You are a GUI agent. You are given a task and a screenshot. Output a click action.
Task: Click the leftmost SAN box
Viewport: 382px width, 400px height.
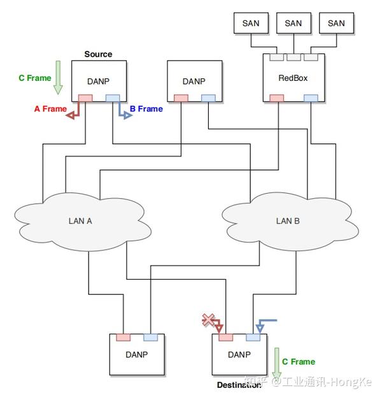(x=251, y=23)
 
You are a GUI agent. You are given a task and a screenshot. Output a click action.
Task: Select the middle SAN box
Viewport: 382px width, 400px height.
(x=294, y=23)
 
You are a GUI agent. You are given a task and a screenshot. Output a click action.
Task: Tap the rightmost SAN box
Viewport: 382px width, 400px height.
(x=336, y=23)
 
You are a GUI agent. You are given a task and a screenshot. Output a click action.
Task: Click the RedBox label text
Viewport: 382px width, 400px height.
(x=293, y=78)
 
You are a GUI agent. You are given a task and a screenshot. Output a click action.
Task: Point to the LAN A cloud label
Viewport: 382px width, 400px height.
(x=80, y=220)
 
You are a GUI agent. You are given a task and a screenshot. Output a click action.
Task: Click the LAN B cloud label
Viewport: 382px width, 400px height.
(x=288, y=220)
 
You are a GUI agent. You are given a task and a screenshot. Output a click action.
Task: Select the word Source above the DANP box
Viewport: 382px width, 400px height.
(x=98, y=54)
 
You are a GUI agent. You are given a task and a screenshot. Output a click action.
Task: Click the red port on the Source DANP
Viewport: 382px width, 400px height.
(x=85, y=98)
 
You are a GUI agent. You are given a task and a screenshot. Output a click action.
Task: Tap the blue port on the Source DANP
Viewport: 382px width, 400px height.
(x=113, y=98)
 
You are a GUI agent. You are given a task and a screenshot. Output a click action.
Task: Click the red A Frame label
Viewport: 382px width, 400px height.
(x=50, y=109)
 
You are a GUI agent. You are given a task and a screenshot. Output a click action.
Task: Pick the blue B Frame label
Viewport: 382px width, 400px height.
(x=146, y=109)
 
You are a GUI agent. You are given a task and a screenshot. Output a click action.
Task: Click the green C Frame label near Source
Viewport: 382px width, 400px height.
(x=35, y=78)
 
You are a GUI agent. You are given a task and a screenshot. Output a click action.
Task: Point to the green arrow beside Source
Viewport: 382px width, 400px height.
(x=58, y=78)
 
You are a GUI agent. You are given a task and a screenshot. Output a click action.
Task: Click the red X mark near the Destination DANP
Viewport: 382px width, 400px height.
(x=208, y=320)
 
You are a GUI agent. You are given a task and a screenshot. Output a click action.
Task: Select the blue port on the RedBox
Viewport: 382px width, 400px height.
(x=311, y=98)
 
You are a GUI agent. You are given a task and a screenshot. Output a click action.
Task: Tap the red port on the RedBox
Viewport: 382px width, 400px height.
(x=277, y=98)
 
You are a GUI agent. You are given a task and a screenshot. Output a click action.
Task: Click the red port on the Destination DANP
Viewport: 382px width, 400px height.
(x=225, y=337)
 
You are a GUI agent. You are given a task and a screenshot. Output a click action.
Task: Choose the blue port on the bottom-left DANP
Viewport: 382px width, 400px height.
(x=151, y=337)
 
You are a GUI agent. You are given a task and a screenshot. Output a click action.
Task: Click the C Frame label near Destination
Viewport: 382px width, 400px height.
(x=299, y=362)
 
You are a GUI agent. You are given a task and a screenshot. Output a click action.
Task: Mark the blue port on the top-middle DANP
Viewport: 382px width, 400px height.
(x=208, y=98)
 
